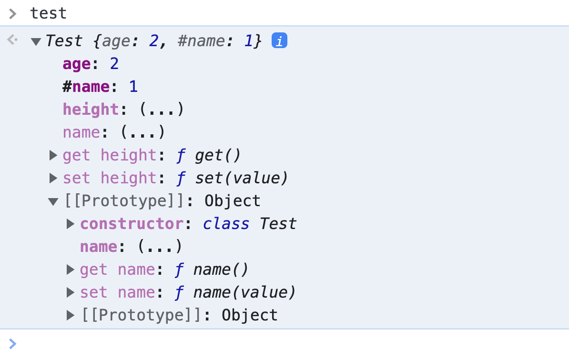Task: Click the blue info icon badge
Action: [x=279, y=41]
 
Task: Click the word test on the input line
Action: [x=49, y=13]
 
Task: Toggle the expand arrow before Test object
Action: [x=36, y=41]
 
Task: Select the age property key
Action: [x=77, y=64]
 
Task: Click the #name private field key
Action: [x=86, y=87]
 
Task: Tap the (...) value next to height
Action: [x=162, y=110]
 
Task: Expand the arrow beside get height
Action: [x=53, y=155]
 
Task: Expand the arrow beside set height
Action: [x=53, y=178]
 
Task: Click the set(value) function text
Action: [x=242, y=178]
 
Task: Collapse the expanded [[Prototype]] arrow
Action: [x=53, y=201]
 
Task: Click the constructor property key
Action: [x=132, y=224]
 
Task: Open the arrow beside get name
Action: [x=71, y=270]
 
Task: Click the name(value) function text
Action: [x=244, y=292]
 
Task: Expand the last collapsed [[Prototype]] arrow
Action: [x=71, y=315]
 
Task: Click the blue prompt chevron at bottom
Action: [x=12, y=343]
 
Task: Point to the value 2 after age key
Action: [x=114, y=64]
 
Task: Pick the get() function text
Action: [x=218, y=155]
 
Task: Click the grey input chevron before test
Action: [x=13, y=13]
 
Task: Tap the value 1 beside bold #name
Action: [x=133, y=87]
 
